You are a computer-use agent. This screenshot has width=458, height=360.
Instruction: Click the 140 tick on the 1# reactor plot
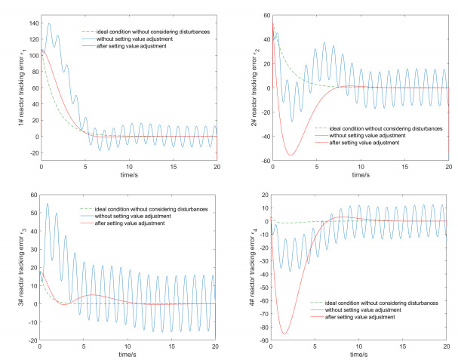pyautogui.click(x=32, y=23)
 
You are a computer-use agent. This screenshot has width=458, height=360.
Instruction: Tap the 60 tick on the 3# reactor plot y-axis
pyautogui.click(x=33, y=195)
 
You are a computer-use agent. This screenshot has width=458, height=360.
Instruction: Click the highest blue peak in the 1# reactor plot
pyautogui.click(x=50, y=23)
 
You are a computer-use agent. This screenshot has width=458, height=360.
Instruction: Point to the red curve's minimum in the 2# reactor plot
pyautogui.click(x=290, y=155)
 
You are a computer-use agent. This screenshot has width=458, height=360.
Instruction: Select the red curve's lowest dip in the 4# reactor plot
pyautogui.click(x=284, y=333)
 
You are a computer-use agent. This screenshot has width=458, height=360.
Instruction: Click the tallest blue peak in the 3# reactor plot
pyautogui.click(x=48, y=204)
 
